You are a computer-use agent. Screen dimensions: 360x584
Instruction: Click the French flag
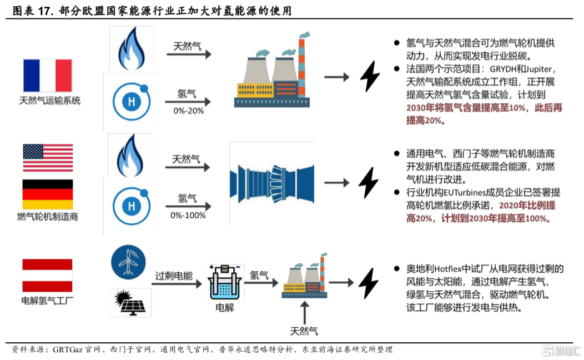pos(47,75)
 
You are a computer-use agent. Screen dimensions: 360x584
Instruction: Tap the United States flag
pos(47,158)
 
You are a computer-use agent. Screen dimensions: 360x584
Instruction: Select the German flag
pos(47,194)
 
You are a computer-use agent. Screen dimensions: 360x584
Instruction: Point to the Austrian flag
pos(47,276)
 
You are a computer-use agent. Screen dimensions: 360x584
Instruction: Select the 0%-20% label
pos(188,111)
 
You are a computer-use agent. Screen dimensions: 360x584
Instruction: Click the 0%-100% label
pos(188,215)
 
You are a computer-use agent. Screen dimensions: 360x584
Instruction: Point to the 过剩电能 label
pos(174,276)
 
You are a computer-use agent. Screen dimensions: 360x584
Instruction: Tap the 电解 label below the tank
pos(224,307)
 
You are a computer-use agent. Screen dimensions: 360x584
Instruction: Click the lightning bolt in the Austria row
pos(368,283)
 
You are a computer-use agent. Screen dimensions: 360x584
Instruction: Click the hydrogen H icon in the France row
pos(132,101)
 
